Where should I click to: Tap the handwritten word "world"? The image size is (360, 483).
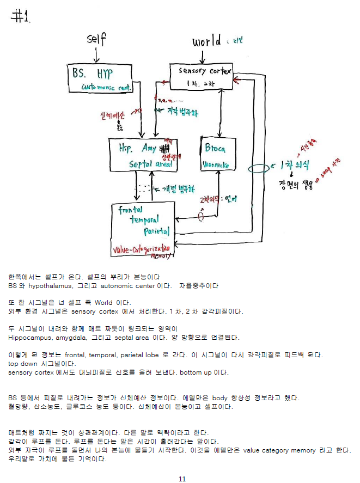(207, 41)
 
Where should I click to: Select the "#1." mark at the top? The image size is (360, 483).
(21, 17)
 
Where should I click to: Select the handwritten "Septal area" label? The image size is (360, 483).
(150, 164)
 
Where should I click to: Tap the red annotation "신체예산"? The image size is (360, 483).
(113, 116)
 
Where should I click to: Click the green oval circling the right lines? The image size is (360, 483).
(258, 168)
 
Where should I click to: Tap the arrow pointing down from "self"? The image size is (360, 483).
(97, 54)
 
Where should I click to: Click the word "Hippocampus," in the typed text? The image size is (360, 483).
(28, 338)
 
